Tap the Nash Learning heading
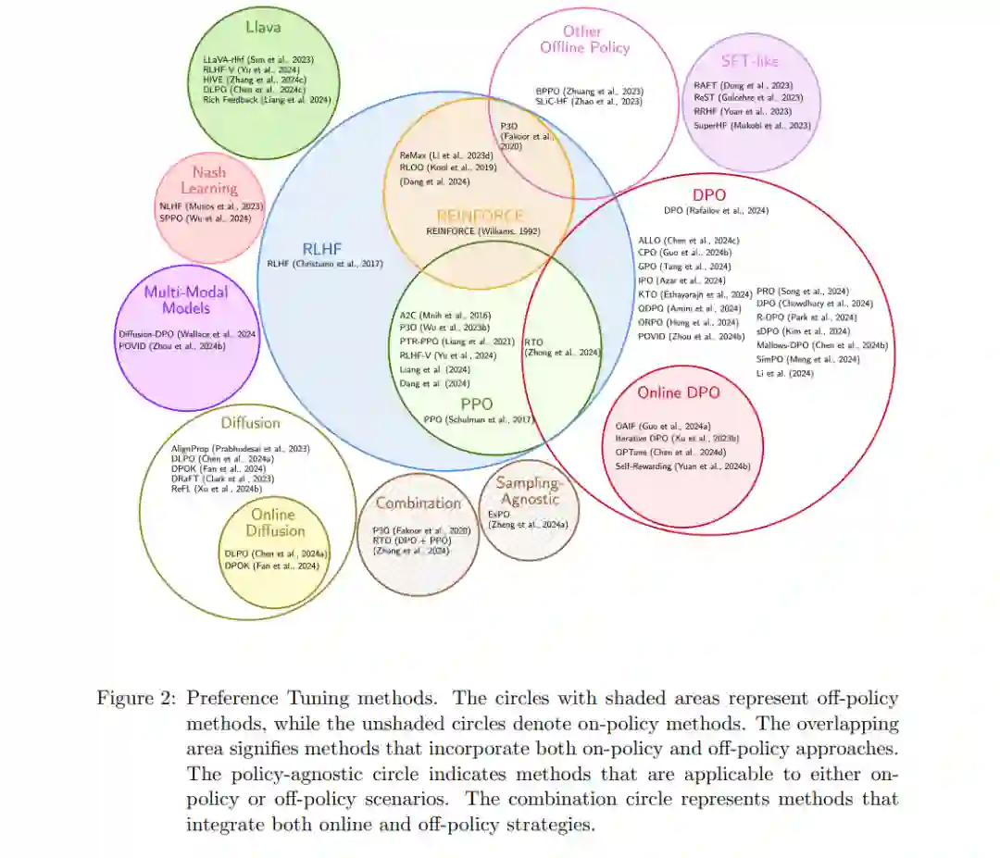[x=209, y=180]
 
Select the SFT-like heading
[x=750, y=61]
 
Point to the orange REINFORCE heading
[x=480, y=216]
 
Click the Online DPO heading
[x=678, y=392]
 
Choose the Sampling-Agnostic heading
[x=528, y=491]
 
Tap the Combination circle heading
[x=418, y=504]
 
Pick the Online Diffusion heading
[x=275, y=522]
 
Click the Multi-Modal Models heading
[x=186, y=300]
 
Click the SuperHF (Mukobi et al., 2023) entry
[x=752, y=125]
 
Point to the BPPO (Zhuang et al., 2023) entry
[x=588, y=91]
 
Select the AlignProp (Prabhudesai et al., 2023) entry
[x=241, y=448]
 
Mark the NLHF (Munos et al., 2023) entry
[x=211, y=205]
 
